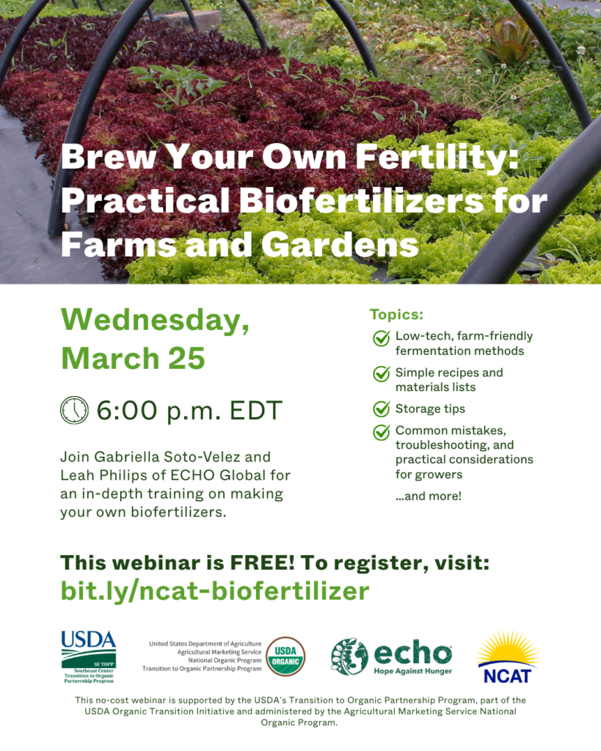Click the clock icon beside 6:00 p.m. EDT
click(x=74, y=410)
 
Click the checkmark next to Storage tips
click(x=382, y=409)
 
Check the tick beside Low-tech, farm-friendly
click(x=382, y=337)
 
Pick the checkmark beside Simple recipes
click(x=382, y=373)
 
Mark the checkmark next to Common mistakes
click(x=382, y=431)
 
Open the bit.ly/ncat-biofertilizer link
click(x=214, y=590)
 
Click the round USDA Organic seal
click(x=285, y=656)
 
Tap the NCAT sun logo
click(x=507, y=656)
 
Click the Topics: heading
click(x=396, y=315)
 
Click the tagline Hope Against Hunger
click(x=413, y=670)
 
